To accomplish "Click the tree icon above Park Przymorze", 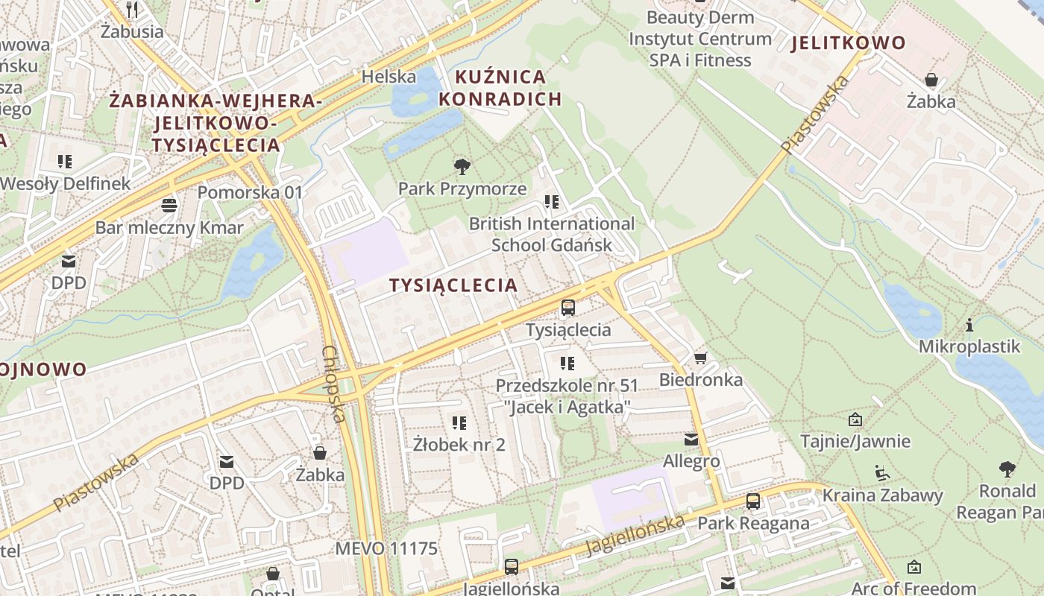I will (x=462, y=166).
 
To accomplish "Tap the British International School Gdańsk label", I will (x=552, y=234).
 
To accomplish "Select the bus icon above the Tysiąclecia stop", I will (x=568, y=307).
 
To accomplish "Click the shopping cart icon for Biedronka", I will (x=700, y=358).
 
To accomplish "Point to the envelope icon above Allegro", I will (x=691, y=440).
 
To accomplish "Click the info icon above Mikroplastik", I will (x=969, y=325).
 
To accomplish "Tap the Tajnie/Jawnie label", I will (x=855, y=441).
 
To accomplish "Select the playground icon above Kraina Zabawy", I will (x=882, y=473).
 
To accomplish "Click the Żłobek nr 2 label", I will (x=459, y=445).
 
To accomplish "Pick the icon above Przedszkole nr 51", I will (x=567, y=364).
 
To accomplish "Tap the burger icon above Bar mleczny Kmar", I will (x=169, y=206).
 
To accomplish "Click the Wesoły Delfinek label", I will (x=66, y=183).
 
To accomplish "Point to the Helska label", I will (x=389, y=76).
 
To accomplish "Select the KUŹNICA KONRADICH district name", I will (x=500, y=88).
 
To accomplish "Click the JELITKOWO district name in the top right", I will (x=848, y=42).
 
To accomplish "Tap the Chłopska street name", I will (x=333, y=384).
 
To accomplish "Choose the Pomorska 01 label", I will (x=250, y=192).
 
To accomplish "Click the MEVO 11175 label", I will (x=386, y=549).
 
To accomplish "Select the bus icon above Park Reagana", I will (x=753, y=501).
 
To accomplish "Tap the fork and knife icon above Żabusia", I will (x=132, y=10).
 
